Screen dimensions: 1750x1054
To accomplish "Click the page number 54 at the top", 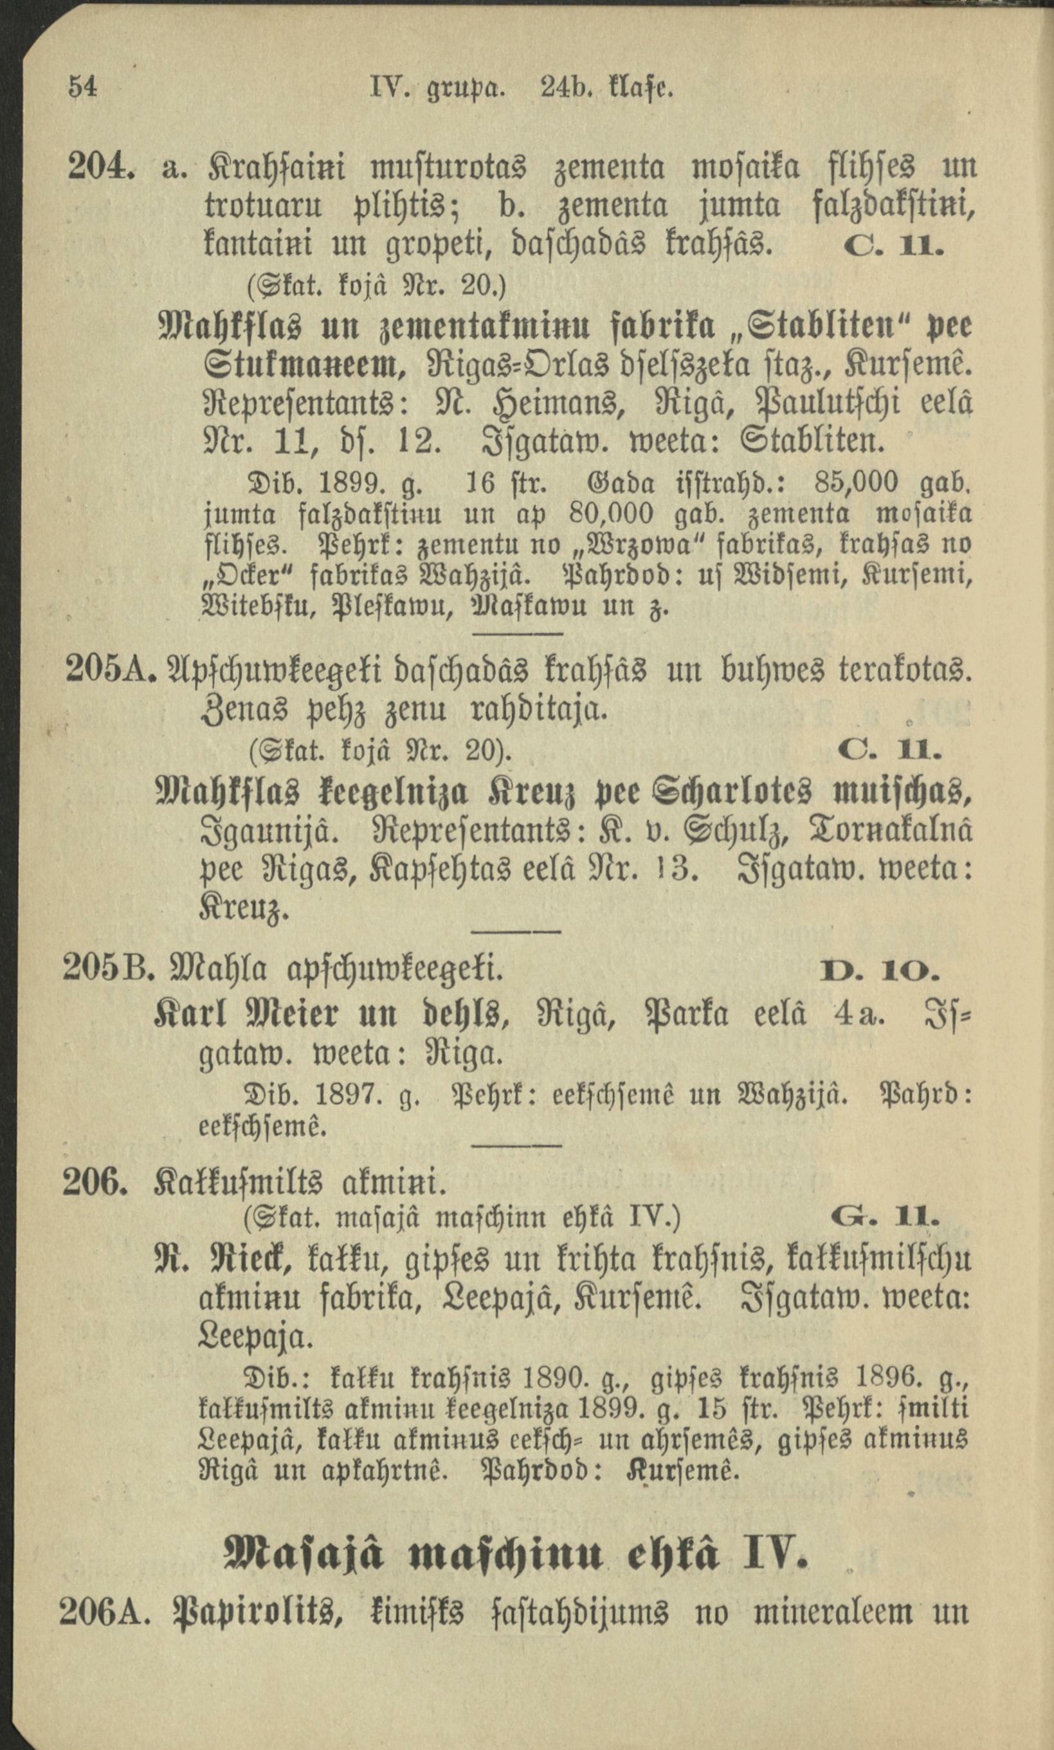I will pos(82,88).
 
